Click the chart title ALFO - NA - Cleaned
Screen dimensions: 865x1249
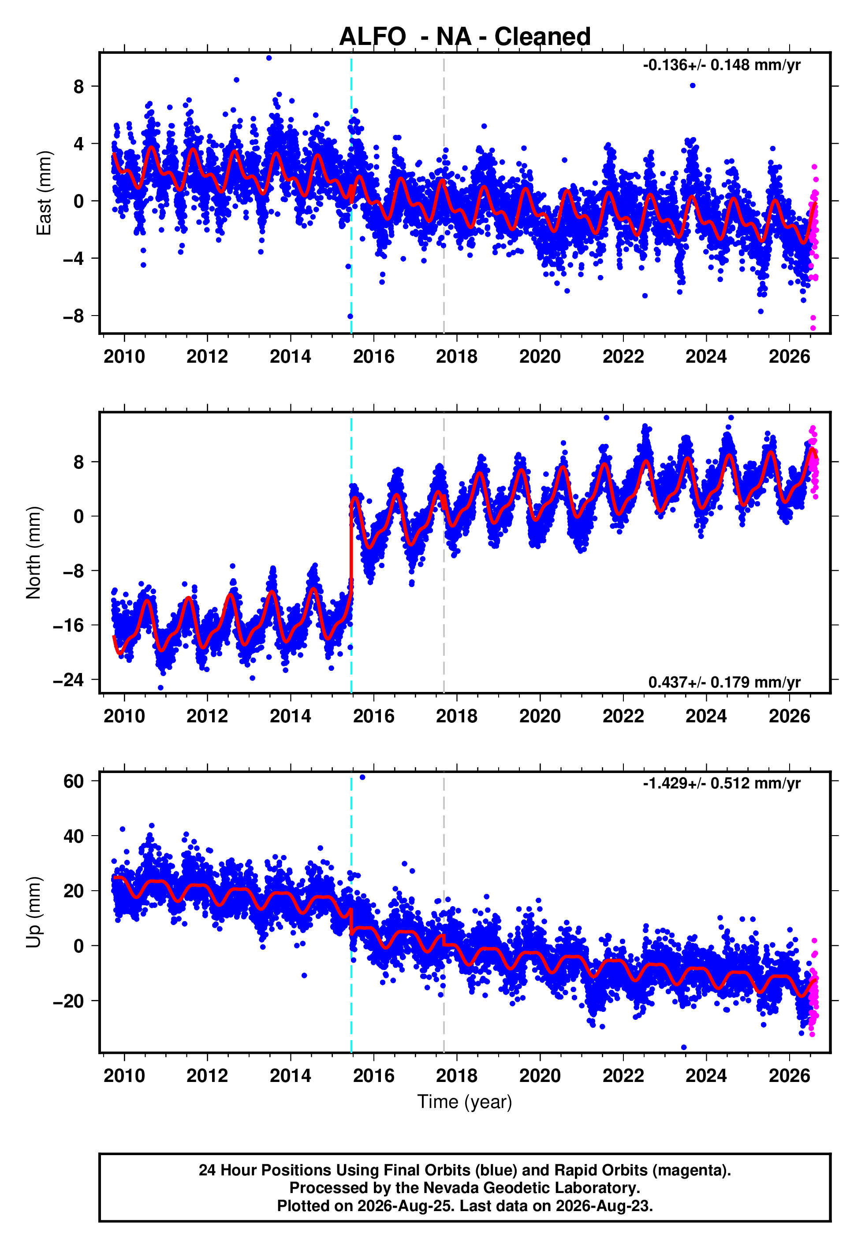pos(465,37)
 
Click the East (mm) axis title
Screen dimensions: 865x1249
pos(44,193)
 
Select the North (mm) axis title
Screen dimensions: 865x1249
pos(34,553)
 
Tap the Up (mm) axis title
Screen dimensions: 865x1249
pos(34,912)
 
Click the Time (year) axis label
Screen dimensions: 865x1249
pos(465,1102)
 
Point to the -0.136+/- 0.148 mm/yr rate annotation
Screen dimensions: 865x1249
pos(721,66)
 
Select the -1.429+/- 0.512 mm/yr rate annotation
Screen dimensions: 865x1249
pos(721,784)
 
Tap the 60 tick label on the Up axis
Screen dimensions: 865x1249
pos(73,781)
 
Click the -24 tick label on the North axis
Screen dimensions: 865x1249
pos(68,680)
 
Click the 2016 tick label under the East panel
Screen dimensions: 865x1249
pos(373,357)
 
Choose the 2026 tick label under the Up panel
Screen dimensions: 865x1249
pos(789,1076)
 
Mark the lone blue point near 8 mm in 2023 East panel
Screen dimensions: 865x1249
pos(693,85)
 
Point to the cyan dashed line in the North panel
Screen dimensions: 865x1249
pos(351,553)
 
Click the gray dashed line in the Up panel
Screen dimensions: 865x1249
pos(444,912)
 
